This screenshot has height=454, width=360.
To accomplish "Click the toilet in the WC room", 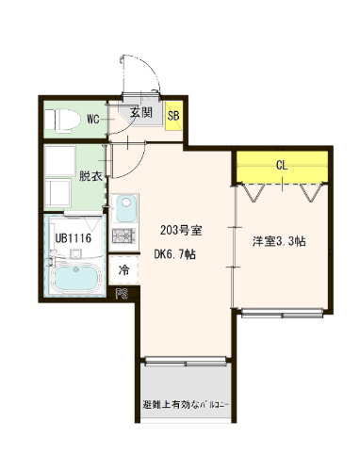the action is click(62, 120).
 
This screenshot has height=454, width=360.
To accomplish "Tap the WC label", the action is click(93, 120).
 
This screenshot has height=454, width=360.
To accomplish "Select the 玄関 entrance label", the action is click(141, 112).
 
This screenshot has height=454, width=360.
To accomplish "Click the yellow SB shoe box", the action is click(173, 116).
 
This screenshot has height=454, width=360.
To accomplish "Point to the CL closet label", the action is click(282, 165).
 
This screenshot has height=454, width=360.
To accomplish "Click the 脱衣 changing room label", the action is click(90, 176).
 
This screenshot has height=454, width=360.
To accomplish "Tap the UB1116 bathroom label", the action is click(74, 238).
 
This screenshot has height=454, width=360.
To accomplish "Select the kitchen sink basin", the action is click(126, 208).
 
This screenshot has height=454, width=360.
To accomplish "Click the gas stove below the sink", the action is click(124, 235).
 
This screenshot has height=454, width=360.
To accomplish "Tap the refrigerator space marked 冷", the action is click(123, 269).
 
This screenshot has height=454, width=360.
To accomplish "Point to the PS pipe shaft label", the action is click(122, 294).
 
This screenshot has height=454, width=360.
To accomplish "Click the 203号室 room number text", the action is click(181, 231).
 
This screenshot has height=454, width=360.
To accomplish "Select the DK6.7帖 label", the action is click(175, 254).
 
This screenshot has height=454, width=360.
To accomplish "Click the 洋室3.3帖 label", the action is click(279, 241).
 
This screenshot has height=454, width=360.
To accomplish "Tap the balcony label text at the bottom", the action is click(186, 405).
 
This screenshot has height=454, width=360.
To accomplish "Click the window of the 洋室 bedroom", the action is click(282, 313).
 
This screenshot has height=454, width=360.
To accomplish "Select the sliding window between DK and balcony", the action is click(186, 362).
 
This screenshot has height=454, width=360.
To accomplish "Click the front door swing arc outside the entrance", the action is click(152, 68).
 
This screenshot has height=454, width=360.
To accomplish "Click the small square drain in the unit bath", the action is click(75, 253).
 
